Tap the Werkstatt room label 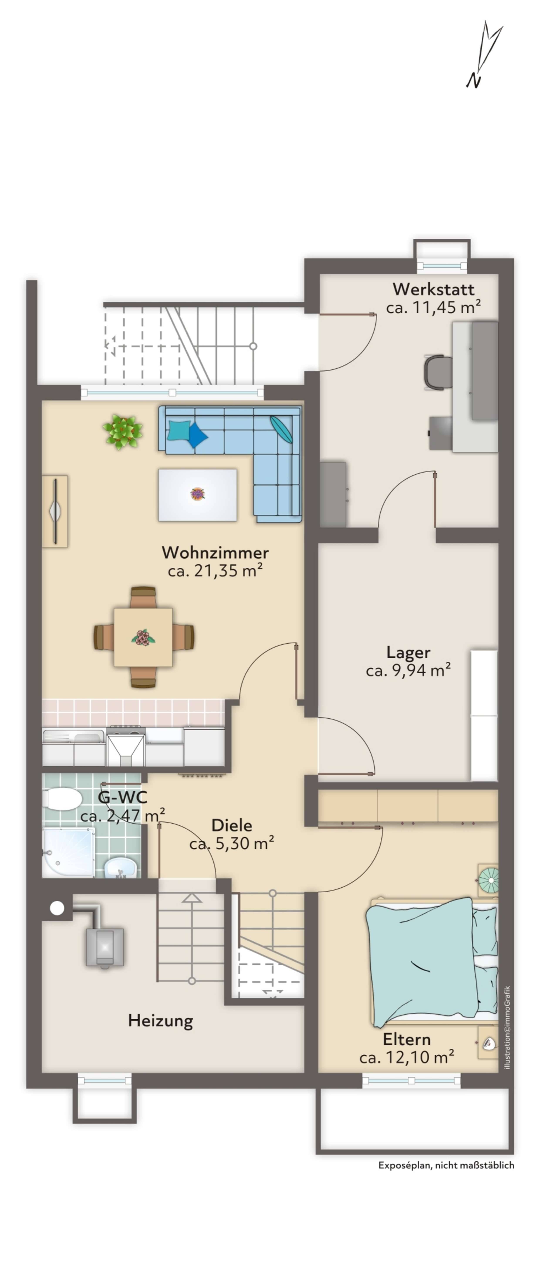tap(433, 289)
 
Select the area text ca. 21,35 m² tap(215, 570)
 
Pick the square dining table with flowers tap(144, 637)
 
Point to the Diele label tap(232, 825)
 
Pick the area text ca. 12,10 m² tap(406, 1057)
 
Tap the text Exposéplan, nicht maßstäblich tap(446, 1165)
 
